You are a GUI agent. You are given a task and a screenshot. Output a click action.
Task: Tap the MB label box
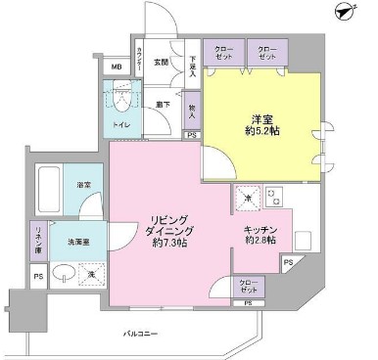[x=117, y=67]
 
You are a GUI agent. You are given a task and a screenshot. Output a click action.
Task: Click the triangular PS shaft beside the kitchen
[x=288, y=263]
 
